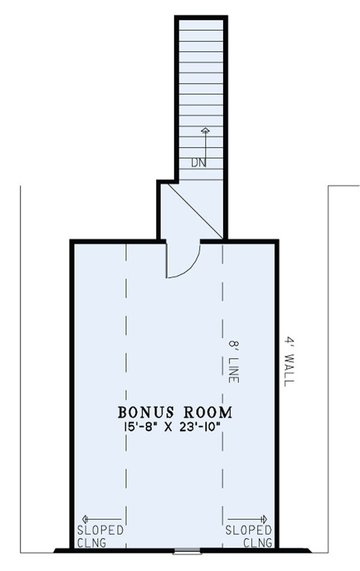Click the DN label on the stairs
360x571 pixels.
click(x=198, y=162)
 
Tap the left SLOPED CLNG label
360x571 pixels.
click(x=100, y=537)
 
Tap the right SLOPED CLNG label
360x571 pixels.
click(x=248, y=537)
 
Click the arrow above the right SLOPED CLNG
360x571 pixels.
click(x=248, y=519)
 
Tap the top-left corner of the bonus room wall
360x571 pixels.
click(x=72, y=241)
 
